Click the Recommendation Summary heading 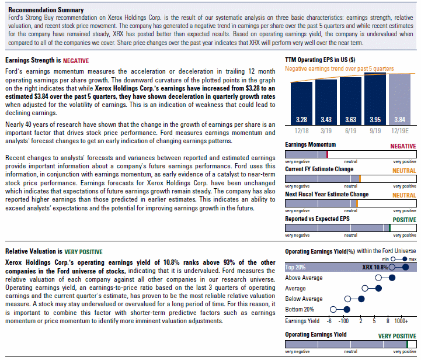46,10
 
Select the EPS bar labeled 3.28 301,103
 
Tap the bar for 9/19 375,99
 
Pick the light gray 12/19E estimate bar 399,100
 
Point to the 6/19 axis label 351,131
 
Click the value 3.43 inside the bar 326,120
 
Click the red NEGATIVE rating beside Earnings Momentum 403,146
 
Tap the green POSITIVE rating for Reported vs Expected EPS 404,220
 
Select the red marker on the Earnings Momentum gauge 328,154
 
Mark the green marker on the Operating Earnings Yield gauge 408,344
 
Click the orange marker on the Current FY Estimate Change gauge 360,179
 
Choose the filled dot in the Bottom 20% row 347,310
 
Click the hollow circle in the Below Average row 347,299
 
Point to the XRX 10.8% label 375,267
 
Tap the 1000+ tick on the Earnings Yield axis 401,321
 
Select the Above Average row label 304,278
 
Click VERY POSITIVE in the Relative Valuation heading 83,252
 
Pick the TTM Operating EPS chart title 320,60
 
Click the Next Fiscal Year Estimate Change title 327,194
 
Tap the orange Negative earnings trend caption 339,69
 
